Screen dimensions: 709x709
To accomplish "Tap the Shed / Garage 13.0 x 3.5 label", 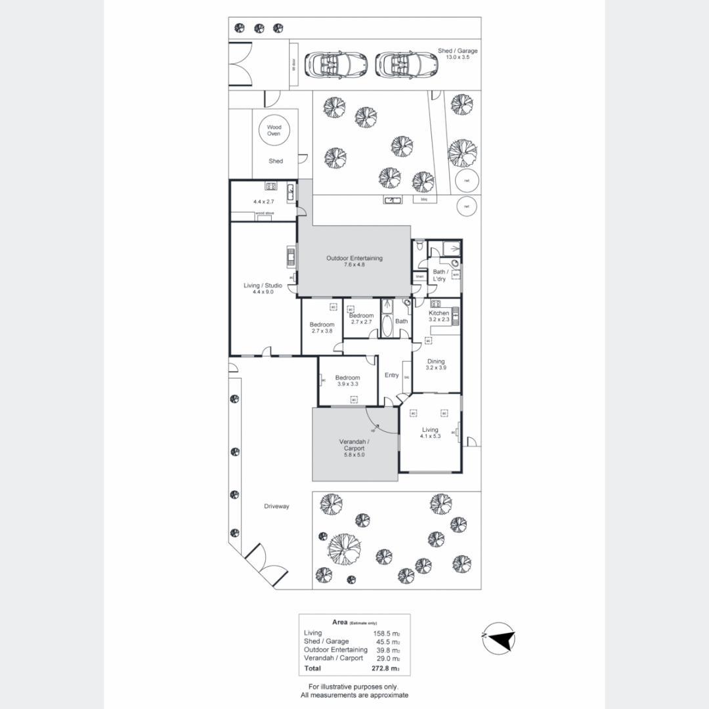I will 458,54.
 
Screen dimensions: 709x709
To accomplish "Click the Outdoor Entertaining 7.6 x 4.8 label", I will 354,261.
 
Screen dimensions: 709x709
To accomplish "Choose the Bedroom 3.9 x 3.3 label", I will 347,381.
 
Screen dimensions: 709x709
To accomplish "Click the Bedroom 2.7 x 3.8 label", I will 322,328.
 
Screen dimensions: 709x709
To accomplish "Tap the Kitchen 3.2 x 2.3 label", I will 439,316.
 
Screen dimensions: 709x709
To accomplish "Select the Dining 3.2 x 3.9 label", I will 436,364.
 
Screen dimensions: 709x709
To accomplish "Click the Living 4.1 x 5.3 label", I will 430,433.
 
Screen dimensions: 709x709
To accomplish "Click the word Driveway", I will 276,506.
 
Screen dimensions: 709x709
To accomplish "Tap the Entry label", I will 391,376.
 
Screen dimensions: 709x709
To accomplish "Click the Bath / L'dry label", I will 439,275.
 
